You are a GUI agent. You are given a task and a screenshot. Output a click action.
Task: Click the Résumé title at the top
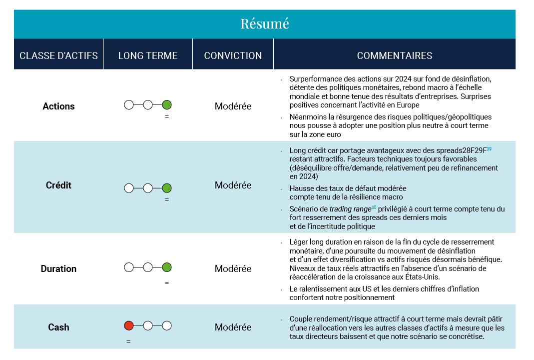point(265,23)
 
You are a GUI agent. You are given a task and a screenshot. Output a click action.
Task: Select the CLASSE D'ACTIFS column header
point(58,55)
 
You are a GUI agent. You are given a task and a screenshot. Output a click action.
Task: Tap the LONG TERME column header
point(148,55)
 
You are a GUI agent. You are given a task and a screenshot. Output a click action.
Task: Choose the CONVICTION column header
point(233,55)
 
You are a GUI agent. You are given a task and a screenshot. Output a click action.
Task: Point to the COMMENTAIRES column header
point(395,55)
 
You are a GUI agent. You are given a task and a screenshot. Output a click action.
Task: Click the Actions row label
point(58,106)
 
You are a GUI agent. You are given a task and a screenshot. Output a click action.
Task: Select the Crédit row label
point(58,185)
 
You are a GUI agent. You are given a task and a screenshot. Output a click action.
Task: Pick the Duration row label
point(58,268)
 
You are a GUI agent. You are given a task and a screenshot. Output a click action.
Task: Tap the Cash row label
point(58,327)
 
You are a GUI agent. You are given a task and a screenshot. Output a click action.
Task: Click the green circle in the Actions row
point(167,105)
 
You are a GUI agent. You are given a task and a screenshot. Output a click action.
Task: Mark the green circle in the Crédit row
point(167,188)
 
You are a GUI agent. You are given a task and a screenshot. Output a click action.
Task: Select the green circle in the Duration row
point(167,267)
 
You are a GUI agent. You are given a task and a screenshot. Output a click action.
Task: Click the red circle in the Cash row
point(128,326)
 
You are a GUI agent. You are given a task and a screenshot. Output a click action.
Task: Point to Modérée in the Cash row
point(233,327)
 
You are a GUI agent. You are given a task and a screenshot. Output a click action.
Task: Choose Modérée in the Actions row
point(233,106)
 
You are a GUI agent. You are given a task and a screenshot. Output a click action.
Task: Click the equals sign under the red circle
point(128,341)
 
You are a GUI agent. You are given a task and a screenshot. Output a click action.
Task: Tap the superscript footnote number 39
point(489,148)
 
